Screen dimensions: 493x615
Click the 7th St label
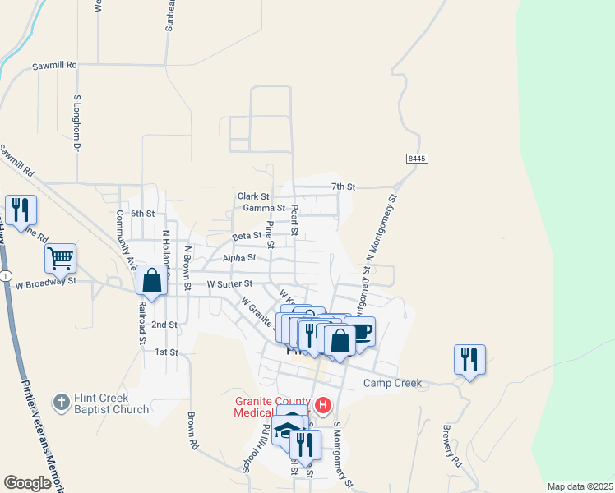[x=343, y=187]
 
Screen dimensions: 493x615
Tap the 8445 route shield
[x=417, y=158]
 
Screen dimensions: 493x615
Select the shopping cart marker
[x=61, y=258]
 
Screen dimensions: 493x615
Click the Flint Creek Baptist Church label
[x=111, y=403]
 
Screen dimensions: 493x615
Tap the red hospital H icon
[x=323, y=405]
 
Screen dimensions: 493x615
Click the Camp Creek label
[x=393, y=383]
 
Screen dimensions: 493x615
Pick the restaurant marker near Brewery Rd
[x=469, y=359]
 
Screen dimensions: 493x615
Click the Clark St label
[x=253, y=196]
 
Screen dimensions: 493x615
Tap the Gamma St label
[x=263, y=209]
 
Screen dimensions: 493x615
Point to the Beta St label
[x=246, y=236]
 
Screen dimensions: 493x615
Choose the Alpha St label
[x=240, y=257]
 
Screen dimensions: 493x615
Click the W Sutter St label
[x=229, y=283]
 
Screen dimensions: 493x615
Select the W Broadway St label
[x=45, y=281]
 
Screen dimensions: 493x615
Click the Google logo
[x=27, y=483]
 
